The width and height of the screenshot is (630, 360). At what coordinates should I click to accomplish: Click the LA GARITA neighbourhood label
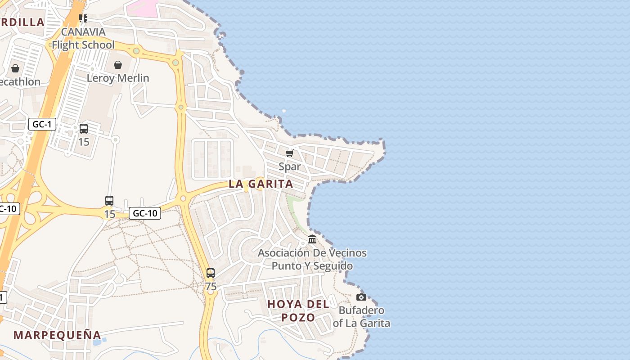pos(261,184)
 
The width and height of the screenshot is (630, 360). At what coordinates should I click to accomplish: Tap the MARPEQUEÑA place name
pos(57,335)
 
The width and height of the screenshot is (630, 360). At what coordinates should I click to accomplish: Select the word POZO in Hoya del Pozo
pos(298,317)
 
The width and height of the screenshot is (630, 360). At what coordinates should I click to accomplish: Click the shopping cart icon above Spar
pos(290,153)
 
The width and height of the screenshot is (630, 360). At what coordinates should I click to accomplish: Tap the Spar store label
pos(289,166)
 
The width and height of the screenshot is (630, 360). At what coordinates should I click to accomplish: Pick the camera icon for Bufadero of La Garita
pos(361,297)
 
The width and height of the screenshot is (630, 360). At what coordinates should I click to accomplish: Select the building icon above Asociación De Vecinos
pos(312,238)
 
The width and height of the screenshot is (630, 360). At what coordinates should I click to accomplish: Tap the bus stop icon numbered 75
pos(210,273)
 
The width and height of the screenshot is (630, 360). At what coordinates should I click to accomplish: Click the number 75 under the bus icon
pos(210,287)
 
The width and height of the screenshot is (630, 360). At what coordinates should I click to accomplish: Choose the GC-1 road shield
pos(42,124)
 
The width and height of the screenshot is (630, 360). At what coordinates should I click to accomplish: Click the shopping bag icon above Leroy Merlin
pos(118,65)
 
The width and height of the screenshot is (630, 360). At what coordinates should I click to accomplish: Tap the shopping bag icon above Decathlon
pos(15,68)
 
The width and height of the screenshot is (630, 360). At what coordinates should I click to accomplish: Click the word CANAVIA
pos(83,32)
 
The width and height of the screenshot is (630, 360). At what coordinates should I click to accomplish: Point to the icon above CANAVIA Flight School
pos(83,18)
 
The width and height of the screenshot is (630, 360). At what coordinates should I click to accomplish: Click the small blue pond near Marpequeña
pos(97,342)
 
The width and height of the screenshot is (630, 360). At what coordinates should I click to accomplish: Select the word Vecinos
pos(345,253)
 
